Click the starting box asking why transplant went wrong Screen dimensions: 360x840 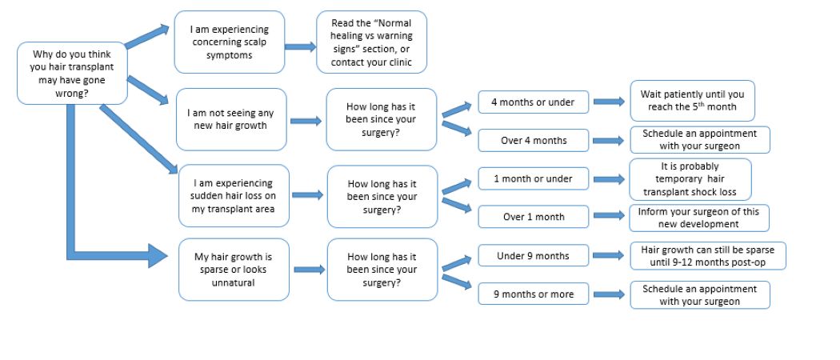(x=72, y=74)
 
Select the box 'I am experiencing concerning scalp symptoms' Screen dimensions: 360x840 (x=229, y=42)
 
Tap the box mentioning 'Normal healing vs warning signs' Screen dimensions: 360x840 (x=371, y=42)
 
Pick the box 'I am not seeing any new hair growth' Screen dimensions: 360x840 (x=231, y=120)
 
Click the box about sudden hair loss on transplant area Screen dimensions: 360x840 (x=233, y=195)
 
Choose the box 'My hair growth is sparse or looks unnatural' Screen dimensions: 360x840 (x=234, y=270)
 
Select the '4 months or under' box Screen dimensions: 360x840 (x=533, y=102)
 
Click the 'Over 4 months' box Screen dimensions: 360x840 (x=533, y=141)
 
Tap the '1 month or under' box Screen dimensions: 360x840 (x=533, y=178)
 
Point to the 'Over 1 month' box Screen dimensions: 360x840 (x=533, y=217)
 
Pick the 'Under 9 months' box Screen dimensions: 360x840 (x=533, y=256)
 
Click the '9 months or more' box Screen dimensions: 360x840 (x=533, y=294)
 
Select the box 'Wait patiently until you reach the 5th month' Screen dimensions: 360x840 (x=692, y=101)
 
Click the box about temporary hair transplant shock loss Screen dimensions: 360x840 (x=690, y=179)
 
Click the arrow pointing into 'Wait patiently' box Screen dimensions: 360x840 (x=609, y=102)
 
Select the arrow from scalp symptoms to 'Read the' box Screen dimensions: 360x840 (x=301, y=47)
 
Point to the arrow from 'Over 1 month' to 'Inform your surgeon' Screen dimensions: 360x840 (x=609, y=217)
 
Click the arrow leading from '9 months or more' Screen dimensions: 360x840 (x=609, y=294)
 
